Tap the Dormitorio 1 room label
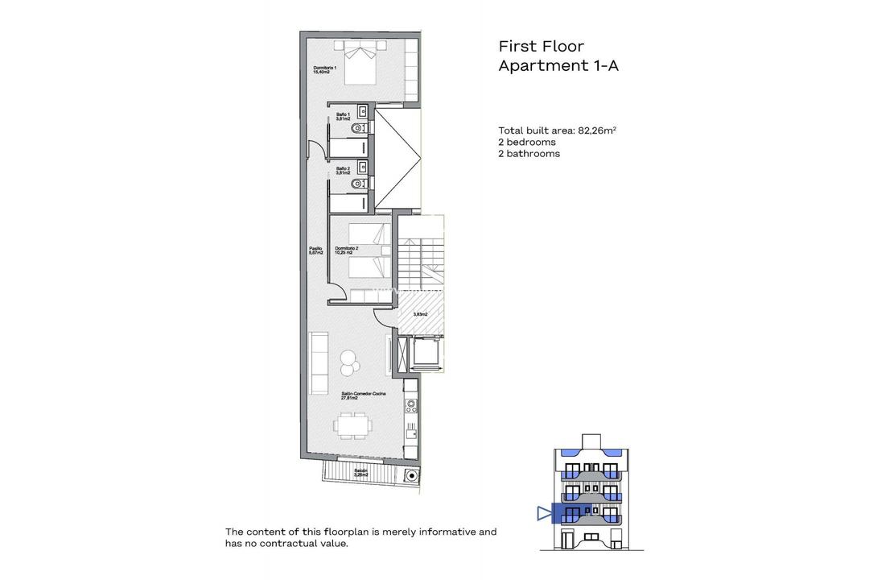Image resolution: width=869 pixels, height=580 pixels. pyautogui.click(x=325, y=69)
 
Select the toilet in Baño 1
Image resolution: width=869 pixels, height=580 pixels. pyautogui.click(x=360, y=128)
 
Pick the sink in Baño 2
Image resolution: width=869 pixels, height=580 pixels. pyautogui.click(x=363, y=168)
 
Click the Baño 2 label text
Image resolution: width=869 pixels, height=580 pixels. pyautogui.click(x=343, y=171)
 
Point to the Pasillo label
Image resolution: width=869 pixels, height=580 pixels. pyautogui.click(x=315, y=251)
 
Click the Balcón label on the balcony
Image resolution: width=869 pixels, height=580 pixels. pyautogui.click(x=361, y=473)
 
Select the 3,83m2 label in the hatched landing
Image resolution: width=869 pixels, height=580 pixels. pyautogui.click(x=420, y=314)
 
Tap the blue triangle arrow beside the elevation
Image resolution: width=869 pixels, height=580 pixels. pyautogui.click(x=542, y=513)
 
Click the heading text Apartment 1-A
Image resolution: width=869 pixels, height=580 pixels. pyautogui.click(x=558, y=66)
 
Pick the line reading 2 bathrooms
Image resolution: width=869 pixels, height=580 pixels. pyautogui.click(x=529, y=153)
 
